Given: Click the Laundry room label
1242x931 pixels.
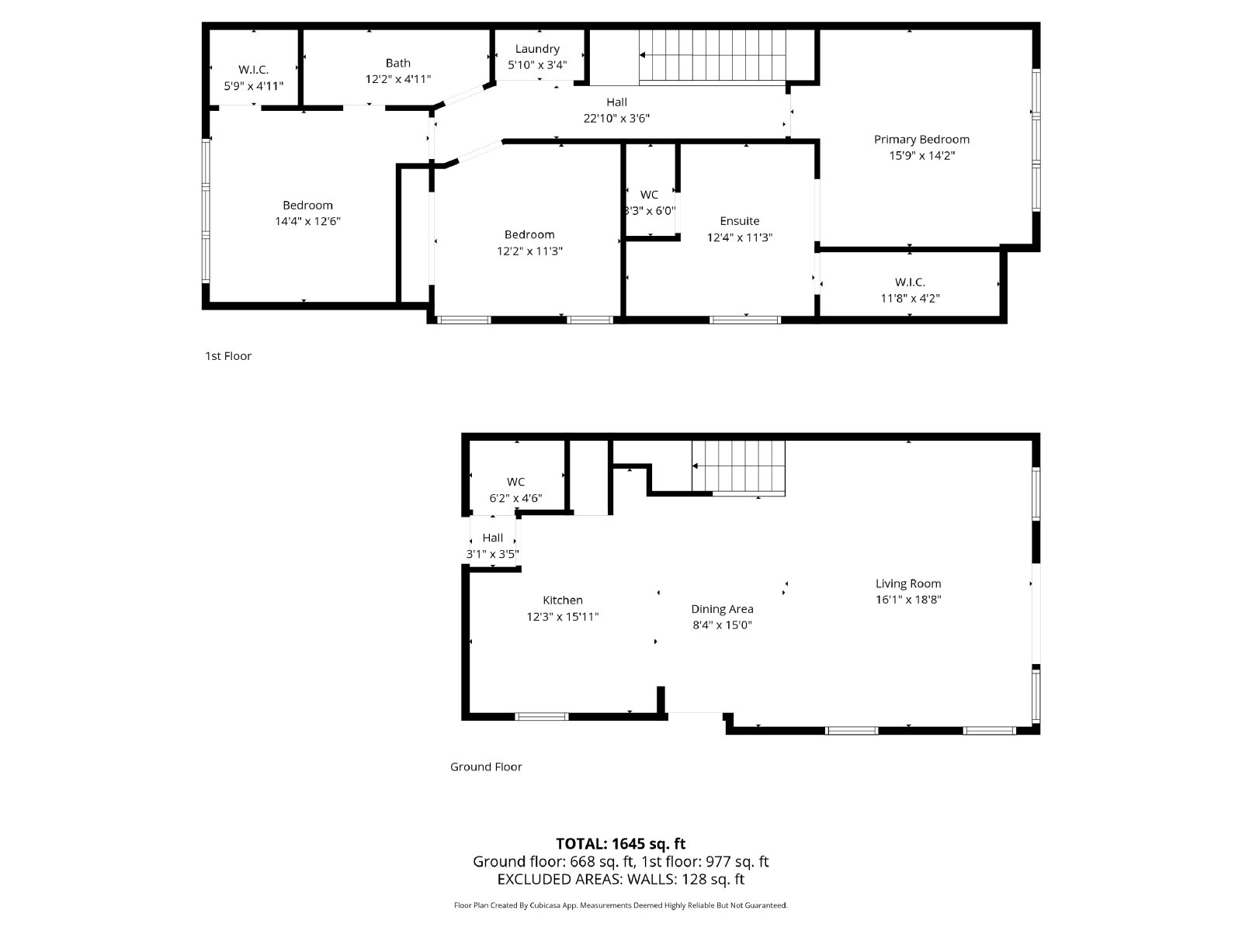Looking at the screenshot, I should click(537, 49).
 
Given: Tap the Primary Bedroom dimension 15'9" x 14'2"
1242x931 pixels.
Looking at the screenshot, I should click(921, 155).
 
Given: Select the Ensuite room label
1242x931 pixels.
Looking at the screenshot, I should click(739, 221).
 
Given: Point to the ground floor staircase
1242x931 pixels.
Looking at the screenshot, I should click(738, 466).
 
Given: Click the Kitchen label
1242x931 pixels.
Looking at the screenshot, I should click(562, 600).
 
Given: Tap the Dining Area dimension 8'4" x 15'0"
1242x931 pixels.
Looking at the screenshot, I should click(722, 625).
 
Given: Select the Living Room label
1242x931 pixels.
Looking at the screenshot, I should click(907, 583).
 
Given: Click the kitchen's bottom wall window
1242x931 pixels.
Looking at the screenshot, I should click(542, 716).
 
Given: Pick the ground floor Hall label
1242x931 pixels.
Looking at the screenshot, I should click(492, 538).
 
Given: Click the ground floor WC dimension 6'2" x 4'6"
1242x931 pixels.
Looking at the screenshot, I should click(515, 498).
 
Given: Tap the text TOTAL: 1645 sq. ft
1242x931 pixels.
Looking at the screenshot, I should click(620, 843).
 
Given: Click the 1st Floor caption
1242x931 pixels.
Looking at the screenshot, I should click(228, 356).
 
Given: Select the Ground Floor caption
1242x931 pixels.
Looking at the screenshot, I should click(486, 767).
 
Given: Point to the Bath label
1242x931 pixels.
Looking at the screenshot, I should click(397, 63).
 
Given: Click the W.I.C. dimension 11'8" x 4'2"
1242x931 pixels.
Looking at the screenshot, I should click(910, 298).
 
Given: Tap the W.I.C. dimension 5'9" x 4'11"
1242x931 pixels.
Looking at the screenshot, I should click(253, 86).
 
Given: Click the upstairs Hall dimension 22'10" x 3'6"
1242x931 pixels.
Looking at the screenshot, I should click(616, 119).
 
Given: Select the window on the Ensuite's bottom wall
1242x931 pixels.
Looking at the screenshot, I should click(744, 319).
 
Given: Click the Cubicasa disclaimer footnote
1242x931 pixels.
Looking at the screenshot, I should click(620, 905).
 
